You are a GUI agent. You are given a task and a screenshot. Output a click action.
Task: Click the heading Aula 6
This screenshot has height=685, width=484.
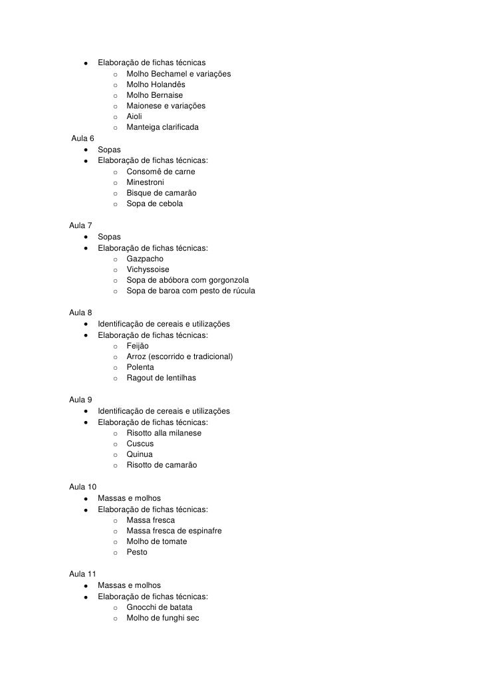coord(82,138)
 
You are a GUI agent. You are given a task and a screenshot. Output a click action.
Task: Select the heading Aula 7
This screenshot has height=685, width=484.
coord(80,225)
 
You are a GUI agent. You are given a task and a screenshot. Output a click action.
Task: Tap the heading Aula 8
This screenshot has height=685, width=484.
coord(80,313)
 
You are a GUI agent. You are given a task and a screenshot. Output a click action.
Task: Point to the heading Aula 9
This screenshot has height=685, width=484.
coord(80,400)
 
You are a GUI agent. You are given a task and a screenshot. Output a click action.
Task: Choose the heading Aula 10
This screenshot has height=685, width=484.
coord(82,487)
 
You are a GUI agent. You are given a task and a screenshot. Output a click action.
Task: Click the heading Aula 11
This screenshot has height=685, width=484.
coord(82,574)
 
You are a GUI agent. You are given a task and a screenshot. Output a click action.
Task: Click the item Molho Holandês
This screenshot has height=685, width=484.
coord(156,84)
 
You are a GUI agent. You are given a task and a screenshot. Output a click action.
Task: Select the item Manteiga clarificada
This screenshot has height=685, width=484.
coord(162,127)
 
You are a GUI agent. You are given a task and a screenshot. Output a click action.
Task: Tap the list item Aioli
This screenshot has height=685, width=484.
coord(134,116)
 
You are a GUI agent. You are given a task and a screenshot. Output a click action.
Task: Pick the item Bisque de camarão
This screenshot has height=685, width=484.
coord(162,193)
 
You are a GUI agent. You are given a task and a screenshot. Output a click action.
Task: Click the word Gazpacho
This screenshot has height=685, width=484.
coord(145,259)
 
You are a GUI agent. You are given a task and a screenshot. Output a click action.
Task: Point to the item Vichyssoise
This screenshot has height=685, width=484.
coord(148,269)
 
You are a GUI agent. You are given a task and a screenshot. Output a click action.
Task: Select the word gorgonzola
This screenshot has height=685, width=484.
coord(229,280)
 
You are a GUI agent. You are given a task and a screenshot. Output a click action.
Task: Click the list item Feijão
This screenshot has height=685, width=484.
coord(138,346)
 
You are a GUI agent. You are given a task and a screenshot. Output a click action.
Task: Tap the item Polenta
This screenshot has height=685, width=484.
coord(140,367)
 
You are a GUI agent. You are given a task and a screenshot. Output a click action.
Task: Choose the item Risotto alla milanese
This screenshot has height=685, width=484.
coord(164,433)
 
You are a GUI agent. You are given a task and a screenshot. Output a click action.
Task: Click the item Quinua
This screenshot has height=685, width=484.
coord(140,454)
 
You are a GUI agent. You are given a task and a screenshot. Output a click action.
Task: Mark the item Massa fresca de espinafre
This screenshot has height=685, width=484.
coord(174,531)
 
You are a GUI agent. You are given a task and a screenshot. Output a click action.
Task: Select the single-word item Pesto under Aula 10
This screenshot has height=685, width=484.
coord(137,552)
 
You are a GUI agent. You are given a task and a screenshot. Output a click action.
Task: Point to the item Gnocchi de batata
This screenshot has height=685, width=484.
coord(160,607)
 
